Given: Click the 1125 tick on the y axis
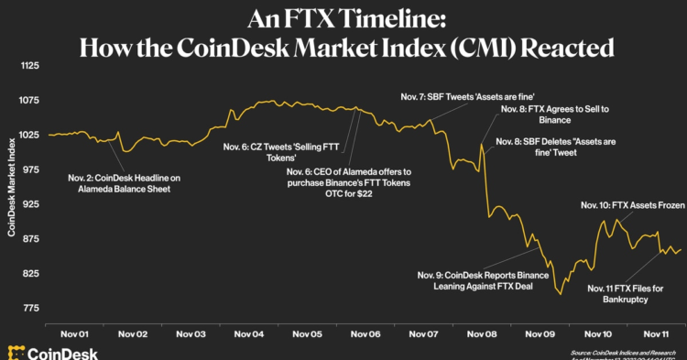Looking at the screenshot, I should [31, 66].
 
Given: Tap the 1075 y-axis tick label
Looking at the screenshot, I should [31, 101].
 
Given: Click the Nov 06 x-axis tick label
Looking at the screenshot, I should [365, 335].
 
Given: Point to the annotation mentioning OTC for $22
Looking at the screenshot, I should [348, 183].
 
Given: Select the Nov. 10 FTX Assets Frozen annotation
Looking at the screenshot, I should [632, 206].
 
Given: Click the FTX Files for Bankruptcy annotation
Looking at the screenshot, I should [626, 293].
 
